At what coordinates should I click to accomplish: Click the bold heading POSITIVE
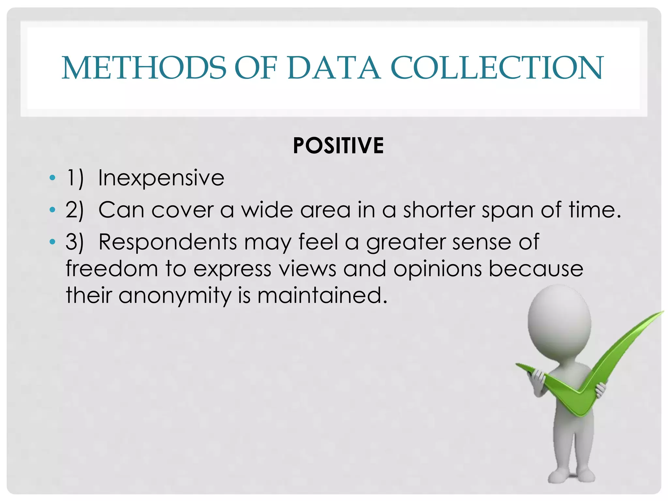(x=338, y=145)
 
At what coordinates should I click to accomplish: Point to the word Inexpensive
(x=161, y=178)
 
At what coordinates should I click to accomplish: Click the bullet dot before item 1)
(x=52, y=178)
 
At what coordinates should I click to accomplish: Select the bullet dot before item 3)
(x=52, y=242)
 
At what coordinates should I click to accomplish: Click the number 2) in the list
(x=75, y=210)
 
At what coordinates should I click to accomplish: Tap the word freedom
(x=112, y=269)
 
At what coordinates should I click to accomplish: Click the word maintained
(x=322, y=296)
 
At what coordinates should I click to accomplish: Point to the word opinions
(x=437, y=269)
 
